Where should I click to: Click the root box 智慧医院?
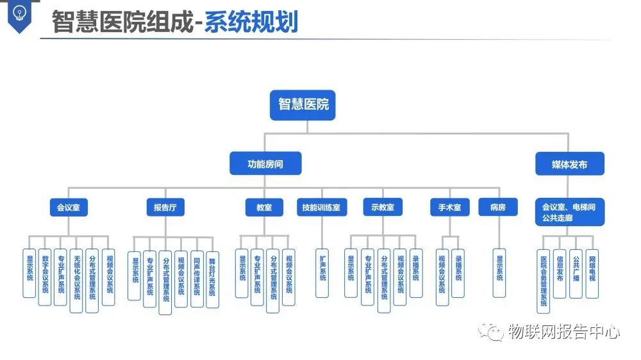click(x=303, y=104)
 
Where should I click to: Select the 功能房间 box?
click(x=265, y=164)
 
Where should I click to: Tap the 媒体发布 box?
click(x=569, y=165)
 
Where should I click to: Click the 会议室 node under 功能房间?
click(x=69, y=208)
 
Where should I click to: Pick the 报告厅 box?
click(x=165, y=208)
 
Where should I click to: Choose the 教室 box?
click(x=264, y=208)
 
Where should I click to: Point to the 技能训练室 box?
click(x=322, y=208)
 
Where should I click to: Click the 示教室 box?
click(x=383, y=208)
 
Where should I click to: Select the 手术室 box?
click(x=450, y=208)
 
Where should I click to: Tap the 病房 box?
click(x=498, y=208)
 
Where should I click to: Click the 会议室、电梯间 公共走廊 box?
click(x=569, y=212)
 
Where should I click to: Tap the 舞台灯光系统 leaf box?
click(x=212, y=279)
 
